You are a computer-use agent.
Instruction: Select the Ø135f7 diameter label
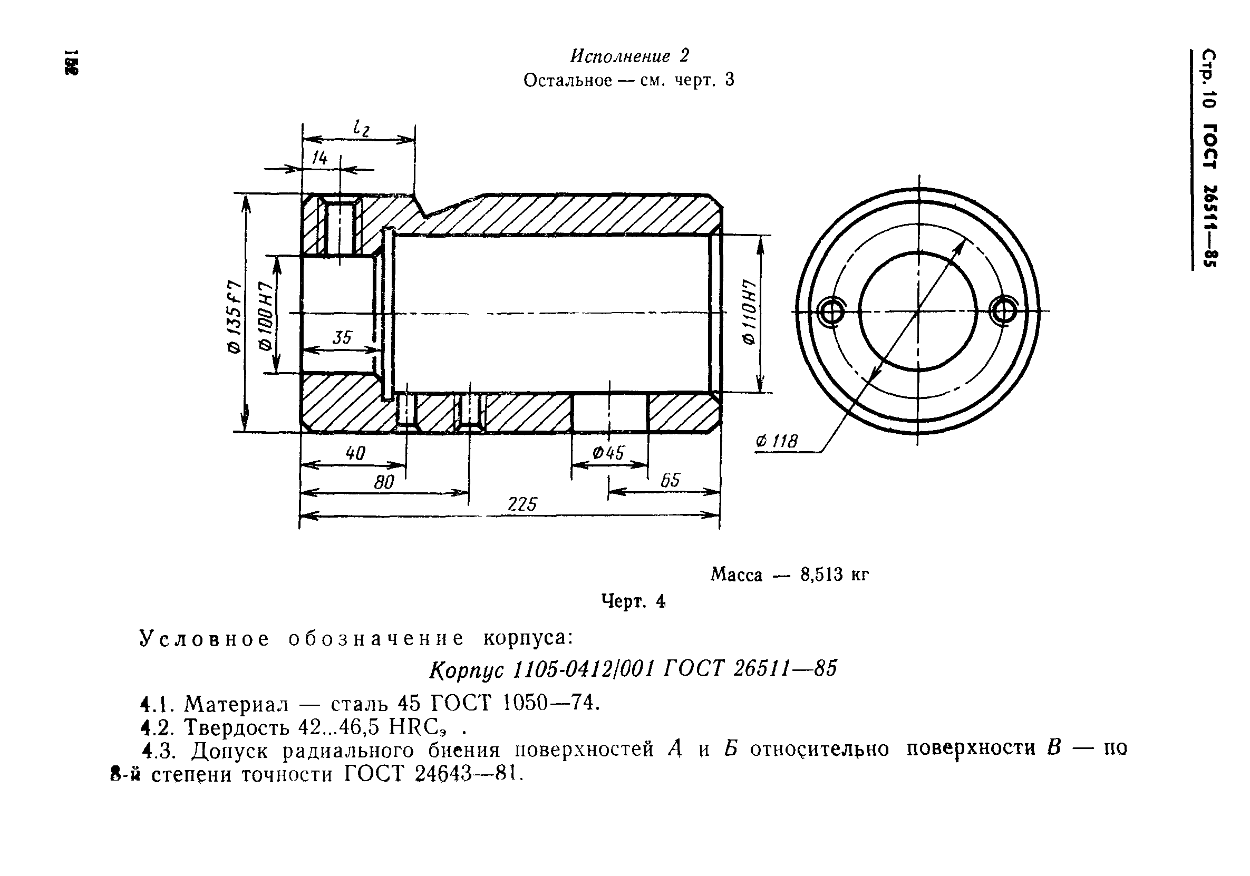[x=234, y=317]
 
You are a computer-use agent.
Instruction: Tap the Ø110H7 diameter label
[x=750, y=312]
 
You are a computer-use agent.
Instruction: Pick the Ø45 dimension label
[x=609, y=453]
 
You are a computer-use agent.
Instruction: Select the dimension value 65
[x=670, y=480]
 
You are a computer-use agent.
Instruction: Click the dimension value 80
[x=384, y=482]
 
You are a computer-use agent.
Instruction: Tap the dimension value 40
[x=355, y=453]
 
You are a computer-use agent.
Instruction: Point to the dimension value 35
[x=343, y=338]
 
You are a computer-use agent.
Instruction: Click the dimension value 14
[x=319, y=158]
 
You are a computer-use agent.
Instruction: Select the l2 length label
[x=361, y=129]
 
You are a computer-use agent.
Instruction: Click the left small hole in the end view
[x=831, y=313]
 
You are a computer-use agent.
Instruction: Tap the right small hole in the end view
[x=1003, y=312]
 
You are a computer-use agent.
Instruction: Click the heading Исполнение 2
[x=629, y=55]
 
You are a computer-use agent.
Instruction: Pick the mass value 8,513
[x=821, y=575]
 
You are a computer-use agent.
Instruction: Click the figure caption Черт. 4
[x=633, y=601]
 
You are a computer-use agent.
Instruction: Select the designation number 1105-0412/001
[x=583, y=669]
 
